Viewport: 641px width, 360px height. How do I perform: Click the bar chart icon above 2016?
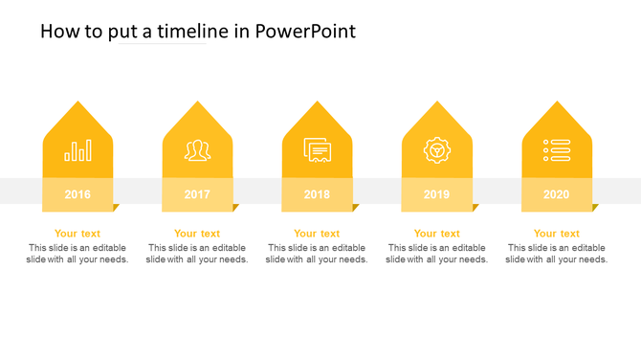[x=78, y=150]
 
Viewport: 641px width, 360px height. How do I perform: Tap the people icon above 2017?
[x=198, y=150]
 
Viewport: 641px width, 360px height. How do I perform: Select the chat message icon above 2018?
[x=318, y=150]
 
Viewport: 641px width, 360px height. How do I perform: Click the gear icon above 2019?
[x=437, y=150]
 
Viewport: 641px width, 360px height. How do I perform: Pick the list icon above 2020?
[x=557, y=150]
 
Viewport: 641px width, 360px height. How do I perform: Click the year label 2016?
[x=77, y=194]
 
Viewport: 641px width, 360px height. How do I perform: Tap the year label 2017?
[x=197, y=194]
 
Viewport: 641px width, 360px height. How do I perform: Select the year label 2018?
[x=317, y=194]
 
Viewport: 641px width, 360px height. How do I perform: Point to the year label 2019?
[x=436, y=194]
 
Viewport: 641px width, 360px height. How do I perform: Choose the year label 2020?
[x=556, y=194]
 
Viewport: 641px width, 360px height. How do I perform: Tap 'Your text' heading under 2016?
[x=77, y=234]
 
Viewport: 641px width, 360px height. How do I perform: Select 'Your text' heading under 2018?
[x=317, y=234]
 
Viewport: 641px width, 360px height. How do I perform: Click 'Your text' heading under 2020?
[x=556, y=234]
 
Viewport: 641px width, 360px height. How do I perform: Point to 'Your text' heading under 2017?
[x=197, y=234]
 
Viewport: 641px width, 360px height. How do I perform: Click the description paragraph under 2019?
[x=437, y=254]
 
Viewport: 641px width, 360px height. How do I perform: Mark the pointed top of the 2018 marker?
[x=318, y=103]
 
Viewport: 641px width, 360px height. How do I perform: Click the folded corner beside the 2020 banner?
[x=595, y=207]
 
